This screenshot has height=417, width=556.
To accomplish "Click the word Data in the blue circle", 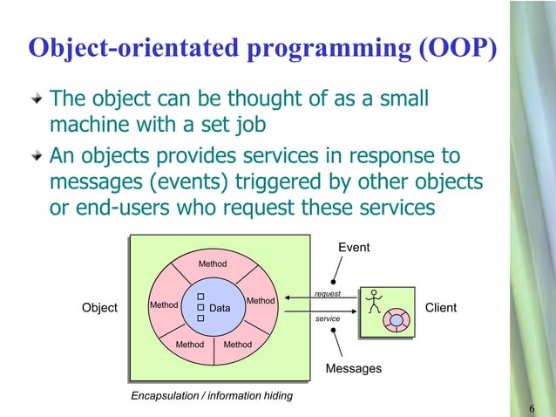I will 220,309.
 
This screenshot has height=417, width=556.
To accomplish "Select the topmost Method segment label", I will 213,263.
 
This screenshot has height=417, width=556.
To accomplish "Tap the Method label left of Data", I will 164,305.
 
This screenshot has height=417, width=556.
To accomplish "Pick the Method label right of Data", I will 261,301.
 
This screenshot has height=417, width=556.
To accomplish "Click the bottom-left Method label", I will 190,345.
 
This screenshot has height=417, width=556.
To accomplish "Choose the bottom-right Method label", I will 237,345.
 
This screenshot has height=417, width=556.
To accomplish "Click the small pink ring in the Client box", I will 397,320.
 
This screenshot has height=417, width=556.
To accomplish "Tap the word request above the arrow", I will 328,294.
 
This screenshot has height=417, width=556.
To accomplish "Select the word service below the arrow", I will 328,319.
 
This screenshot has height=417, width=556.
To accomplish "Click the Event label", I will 354,248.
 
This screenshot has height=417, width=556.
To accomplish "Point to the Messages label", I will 353,369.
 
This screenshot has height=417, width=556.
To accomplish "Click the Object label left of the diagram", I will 99,308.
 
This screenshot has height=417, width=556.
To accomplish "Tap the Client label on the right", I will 440,308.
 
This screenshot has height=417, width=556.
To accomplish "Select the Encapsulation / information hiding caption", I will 212,396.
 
